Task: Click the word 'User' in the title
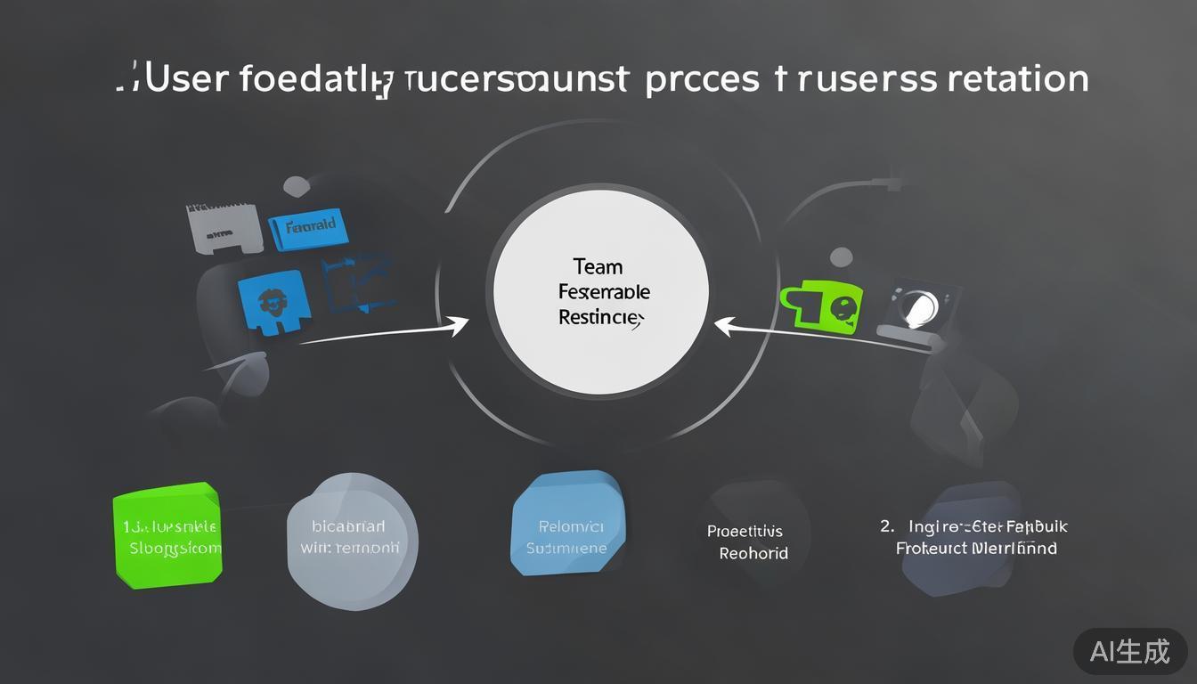[187, 78]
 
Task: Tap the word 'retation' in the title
[1018, 78]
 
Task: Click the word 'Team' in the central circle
[598, 266]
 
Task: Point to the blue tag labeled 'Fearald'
[308, 228]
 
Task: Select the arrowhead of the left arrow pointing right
[460, 326]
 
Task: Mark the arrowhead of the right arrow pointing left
[724, 326]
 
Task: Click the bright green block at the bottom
[167, 535]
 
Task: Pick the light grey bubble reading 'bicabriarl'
[353, 535]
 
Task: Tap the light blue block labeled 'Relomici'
[567, 525]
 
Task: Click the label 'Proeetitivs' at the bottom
[745, 532]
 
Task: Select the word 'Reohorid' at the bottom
[753, 553]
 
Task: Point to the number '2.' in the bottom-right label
[887, 526]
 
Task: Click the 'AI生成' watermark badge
[1129, 651]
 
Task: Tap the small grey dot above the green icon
[841, 258]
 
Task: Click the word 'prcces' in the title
[701, 78]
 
